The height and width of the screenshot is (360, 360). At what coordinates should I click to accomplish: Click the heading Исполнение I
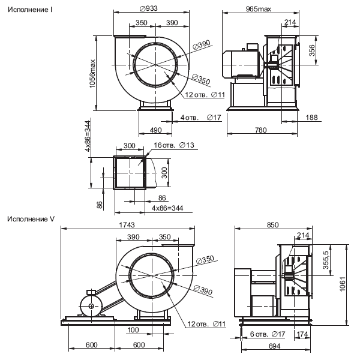coord(30,10)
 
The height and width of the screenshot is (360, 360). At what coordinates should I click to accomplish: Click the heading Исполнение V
coord(31,219)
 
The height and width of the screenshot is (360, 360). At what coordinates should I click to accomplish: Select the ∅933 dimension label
coord(149,8)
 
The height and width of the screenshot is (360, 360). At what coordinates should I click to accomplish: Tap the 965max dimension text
coord(258,9)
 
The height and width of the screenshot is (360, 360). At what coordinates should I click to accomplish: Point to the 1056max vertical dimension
coord(92,74)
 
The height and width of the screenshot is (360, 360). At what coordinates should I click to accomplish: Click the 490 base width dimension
coord(155,130)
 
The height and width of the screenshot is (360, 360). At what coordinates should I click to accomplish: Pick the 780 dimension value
coord(261,130)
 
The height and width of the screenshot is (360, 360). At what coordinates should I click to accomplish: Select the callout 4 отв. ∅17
coord(200,118)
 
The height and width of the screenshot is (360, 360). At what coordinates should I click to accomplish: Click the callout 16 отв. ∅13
coord(174,145)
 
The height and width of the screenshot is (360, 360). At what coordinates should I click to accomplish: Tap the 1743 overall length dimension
coord(127,225)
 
